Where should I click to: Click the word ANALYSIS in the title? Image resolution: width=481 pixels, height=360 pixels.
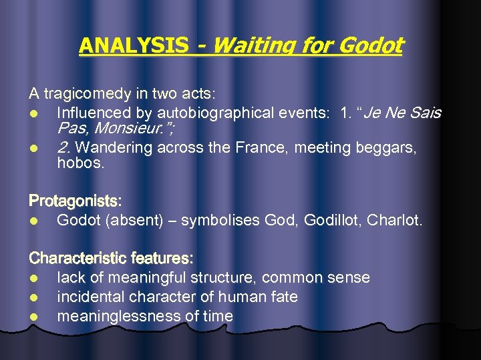click(x=134, y=45)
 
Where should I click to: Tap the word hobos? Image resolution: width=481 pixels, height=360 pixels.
click(x=81, y=163)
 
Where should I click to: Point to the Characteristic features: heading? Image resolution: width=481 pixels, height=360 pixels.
click(x=111, y=257)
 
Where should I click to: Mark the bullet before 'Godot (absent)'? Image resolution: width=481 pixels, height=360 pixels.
click(x=33, y=220)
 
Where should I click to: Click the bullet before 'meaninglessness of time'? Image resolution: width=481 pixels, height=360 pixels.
click(x=33, y=317)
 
